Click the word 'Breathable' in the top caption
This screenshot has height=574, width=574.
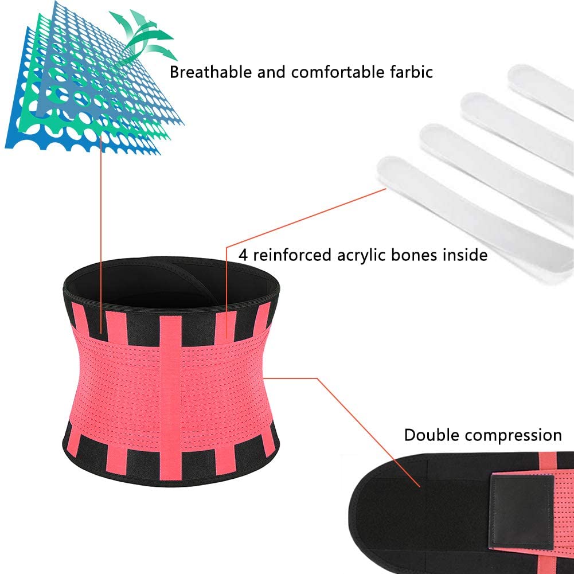tap(211, 72)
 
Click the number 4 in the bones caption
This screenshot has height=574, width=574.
tap(243, 255)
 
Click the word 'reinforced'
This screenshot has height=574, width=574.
tap(292, 255)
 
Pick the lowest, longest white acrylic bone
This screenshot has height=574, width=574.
tap(476, 220)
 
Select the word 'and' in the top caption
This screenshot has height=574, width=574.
tap(271, 72)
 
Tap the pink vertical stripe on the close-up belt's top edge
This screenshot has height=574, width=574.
tap(547, 460)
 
